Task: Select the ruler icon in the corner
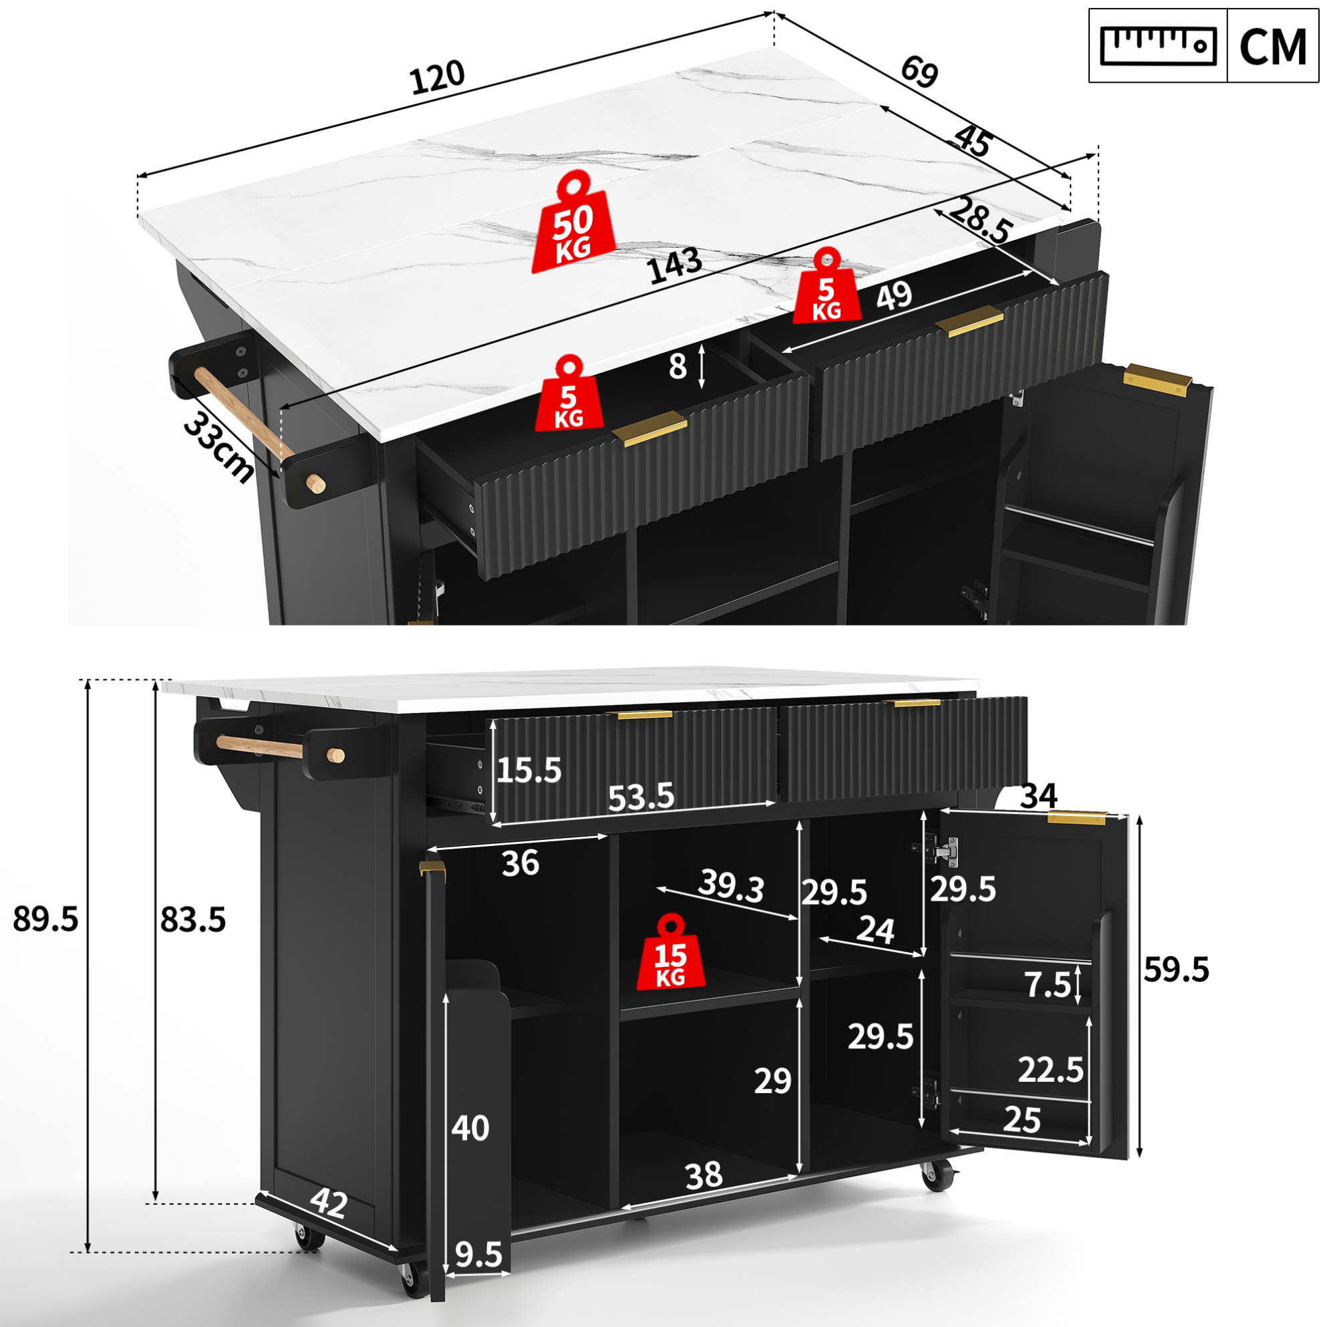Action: click(1157, 45)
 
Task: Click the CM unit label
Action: click(1272, 46)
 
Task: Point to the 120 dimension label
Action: click(438, 77)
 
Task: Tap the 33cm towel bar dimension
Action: click(219, 448)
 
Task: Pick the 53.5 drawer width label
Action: click(641, 796)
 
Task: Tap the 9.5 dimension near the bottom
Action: click(479, 1255)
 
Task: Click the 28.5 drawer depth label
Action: click(982, 220)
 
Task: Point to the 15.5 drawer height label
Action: click(529, 770)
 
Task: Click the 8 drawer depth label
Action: click(678, 367)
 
